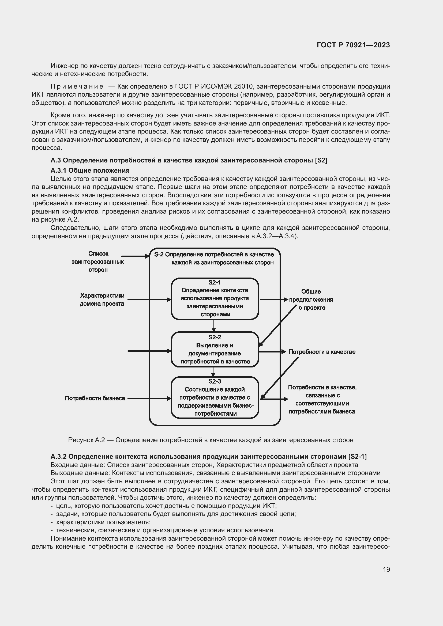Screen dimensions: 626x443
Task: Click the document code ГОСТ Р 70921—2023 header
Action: click(x=353, y=45)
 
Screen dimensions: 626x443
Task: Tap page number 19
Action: click(x=386, y=569)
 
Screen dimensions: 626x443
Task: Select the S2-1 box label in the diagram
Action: click(x=215, y=282)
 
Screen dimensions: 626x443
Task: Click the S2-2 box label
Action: click(x=215, y=337)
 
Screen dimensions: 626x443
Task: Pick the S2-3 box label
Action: click(x=215, y=381)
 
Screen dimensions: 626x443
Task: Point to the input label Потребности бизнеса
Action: click(x=95, y=398)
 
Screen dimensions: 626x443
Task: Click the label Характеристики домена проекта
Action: click(x=102, y=299)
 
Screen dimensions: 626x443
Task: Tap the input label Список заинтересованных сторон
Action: click(x=98, y=261)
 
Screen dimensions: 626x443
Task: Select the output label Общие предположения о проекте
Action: click(x=311, y=299)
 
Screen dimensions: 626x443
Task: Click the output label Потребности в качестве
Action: click(x=322, y=352)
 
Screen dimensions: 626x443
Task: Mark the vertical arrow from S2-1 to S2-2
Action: click(x=213, y=325)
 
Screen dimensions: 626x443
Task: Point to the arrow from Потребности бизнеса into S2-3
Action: click(x=149, y=398)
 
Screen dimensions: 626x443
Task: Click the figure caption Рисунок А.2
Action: click(x=211, y=440)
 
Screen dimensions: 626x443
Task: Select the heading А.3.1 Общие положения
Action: click(x=90, y=170)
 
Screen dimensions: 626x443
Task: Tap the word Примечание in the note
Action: click(x=77, y=87)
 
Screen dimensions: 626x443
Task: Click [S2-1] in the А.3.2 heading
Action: click(x=357, y=456)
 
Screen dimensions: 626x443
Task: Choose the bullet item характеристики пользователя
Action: click(x=103, y=522)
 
